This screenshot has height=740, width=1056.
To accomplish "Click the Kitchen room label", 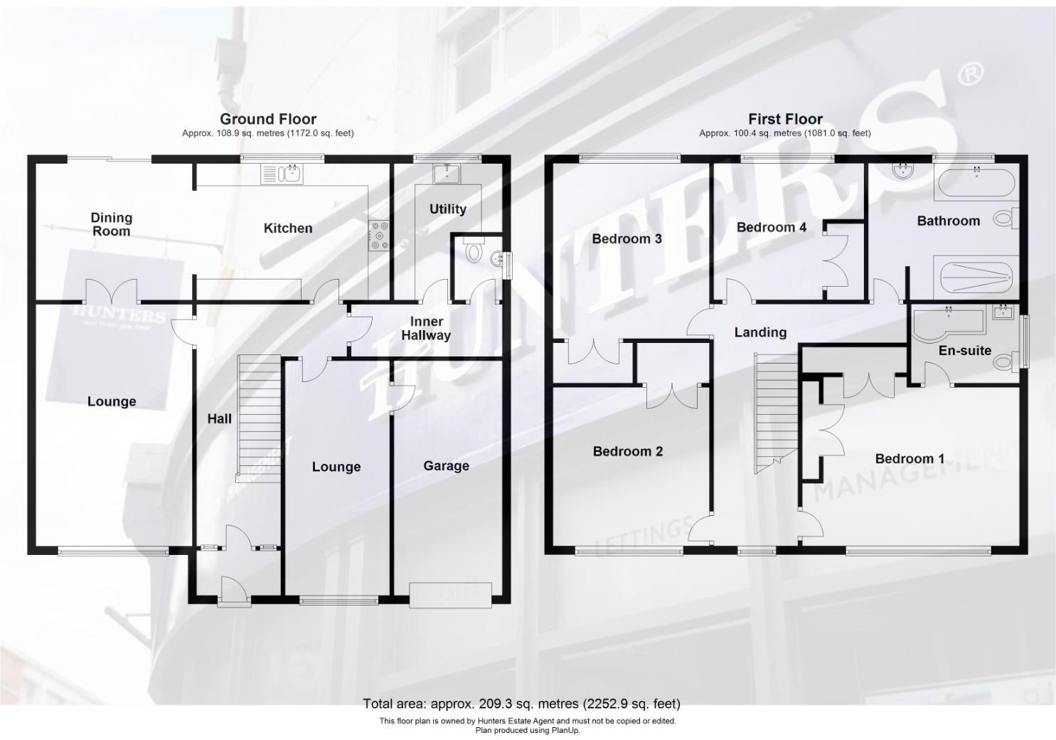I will pyautogui.click(x=288, y=228).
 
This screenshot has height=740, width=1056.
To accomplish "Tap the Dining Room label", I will pyautogui.click(x=112, y=224).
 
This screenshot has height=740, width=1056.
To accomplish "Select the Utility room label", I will pyautogui.click(x=448, y=209).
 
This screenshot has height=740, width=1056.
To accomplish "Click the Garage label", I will pyautogui.click(x=446, y=466).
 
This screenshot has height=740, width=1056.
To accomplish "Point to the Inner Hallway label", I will pyautogui.click(x=426, y=329).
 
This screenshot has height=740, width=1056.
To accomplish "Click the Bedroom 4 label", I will pyautogui.click(x=771, y=228).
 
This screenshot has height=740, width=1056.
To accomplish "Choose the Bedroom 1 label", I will pyautogui.click(x=910, y=459).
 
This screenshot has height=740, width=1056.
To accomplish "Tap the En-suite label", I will pyautogui.click(x=964, y=351).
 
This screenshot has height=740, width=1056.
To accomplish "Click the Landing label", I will pyautogui.click(x=760, y=332).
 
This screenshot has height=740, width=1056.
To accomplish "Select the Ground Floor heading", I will pyautogui.click(x=268, y=119).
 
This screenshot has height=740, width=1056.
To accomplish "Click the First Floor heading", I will pyautogui.click(x=785, y=119).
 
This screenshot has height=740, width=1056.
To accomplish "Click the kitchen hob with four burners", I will pyautogui.click(x=378, y=236).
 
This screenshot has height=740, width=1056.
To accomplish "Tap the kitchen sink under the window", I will pyautogui.click(x=283, y=174).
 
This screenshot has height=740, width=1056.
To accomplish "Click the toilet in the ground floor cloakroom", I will pyautogui.click(x=472, y=250).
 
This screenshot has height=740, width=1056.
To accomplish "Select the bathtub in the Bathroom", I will pyautogui.click(x=974, y=184).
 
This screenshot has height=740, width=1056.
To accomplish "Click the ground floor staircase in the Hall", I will pyautogui.click(x=259, y=418).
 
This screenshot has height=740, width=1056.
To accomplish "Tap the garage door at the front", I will pyautogui.click(x=450, y=595).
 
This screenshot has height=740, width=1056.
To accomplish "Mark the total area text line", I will pyautogui.click(x=521, y=704).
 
